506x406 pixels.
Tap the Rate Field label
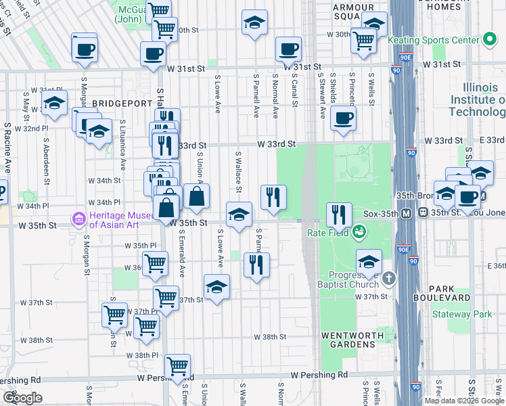[327, 233]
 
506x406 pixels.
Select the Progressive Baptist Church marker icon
[388, 278]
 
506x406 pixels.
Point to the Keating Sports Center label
[433, 41]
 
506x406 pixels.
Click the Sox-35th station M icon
[407, 212]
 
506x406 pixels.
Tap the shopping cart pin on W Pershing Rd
[177, 367]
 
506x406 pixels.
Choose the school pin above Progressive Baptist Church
[369, 262]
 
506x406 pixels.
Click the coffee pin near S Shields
[344, 118]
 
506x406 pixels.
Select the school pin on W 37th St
[216, 288]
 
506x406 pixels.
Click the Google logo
[23, 398]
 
